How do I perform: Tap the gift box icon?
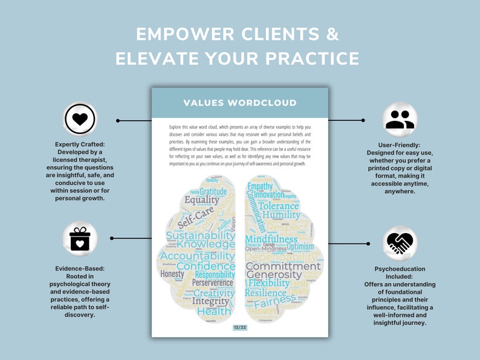80,239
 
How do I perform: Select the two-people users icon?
400,119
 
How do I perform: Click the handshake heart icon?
400,243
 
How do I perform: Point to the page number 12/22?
239,327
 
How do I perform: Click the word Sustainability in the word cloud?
200,236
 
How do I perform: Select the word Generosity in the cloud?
274,275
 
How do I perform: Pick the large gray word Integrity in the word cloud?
210,301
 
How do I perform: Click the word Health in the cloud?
214,312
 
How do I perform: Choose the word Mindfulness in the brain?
270,240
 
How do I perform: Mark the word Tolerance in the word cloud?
279,205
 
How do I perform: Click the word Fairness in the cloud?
274,303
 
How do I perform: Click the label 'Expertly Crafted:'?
80,145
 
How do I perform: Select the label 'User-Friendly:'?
400,144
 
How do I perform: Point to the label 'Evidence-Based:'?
80,268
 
